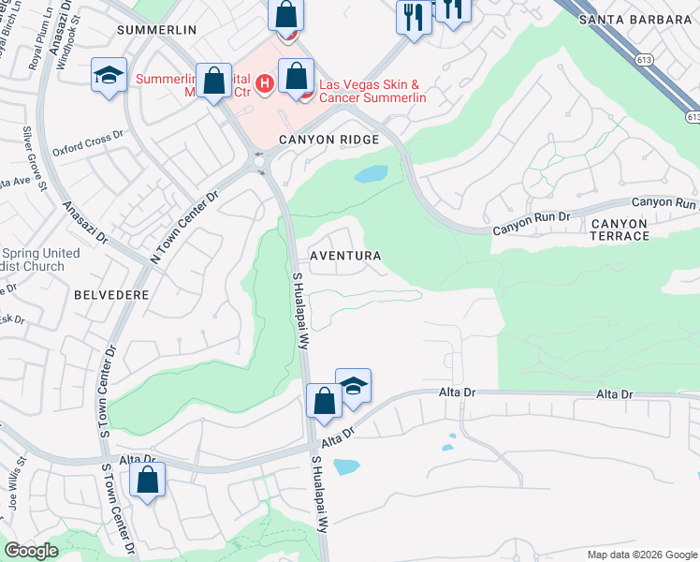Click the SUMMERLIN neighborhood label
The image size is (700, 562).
pyautogui.click(x=156, y=30)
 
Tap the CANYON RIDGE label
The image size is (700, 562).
pyautogui.click(x=328, y=140)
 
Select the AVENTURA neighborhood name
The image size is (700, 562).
pyautogui.click(x=346, y=256)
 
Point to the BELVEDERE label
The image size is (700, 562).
pyautogui.click(x=110, y=294)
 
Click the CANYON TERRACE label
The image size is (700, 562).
pyautogui.click(x=620, y=229)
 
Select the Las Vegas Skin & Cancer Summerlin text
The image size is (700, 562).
pyautogui.click(x=373, y=91)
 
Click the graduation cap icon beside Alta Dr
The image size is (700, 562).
pyautogui.click(x=354, y=386)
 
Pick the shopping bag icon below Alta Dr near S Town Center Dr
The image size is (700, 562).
pyautogui.click(x=148, y=481)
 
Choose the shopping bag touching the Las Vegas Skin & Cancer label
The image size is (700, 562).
pyautogui.click(x=297, y=79)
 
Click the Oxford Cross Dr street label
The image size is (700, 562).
pyautogui.click(x=88, y=143)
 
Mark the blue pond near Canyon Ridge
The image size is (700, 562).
pyautogui.click(x=371, y=174)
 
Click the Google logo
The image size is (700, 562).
pyautogui.click(x=32, y=551)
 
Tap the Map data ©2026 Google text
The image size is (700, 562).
pyautogui.click(x=641, y=555)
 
